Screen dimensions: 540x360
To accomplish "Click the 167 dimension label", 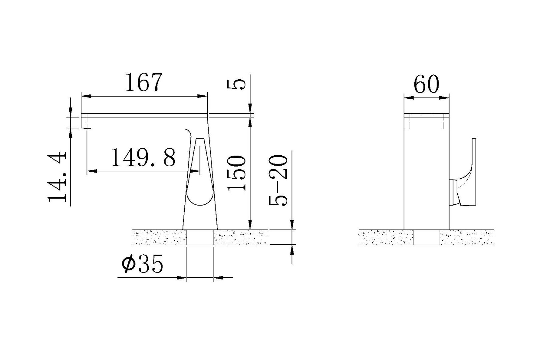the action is [144, 82].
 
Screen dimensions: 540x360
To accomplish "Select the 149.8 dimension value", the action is [143, 158].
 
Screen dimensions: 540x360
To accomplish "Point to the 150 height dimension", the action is [236, 173].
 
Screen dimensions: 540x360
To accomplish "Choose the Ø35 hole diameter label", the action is [142, 264].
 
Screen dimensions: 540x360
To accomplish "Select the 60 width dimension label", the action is [427, 84].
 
